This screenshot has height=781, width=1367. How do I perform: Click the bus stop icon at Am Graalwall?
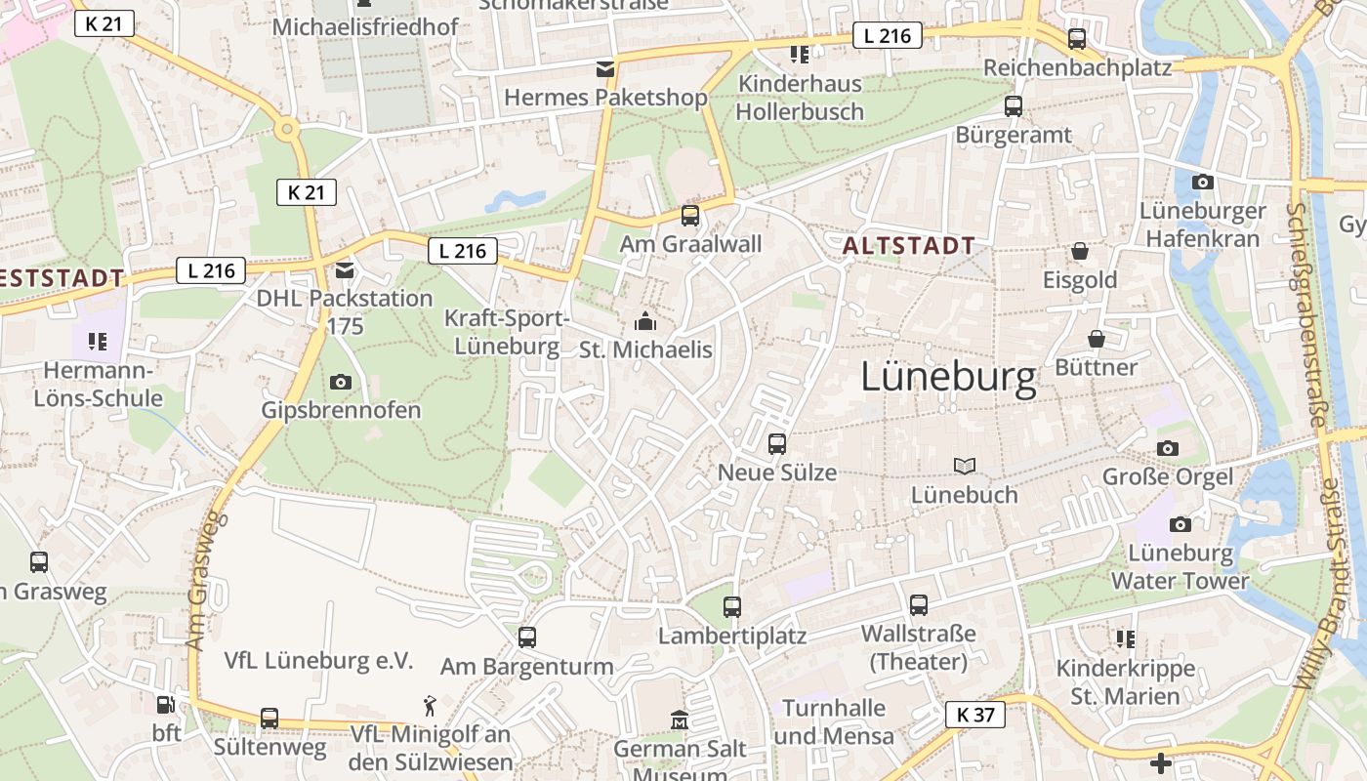coord(690,215)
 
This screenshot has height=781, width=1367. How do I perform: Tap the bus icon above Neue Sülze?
coord(777,444)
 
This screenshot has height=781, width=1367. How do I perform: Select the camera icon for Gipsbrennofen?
coord(341,382)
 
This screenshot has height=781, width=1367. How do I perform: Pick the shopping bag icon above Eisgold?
coord(1080,252)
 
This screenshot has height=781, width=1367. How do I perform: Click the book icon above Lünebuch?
coord(965,467)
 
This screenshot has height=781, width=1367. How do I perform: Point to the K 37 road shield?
coord(975,715)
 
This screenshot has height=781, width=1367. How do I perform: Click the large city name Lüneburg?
coord(948,378)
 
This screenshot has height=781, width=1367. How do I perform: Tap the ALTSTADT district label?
coord(908,246)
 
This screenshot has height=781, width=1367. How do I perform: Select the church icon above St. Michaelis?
coord(645,321)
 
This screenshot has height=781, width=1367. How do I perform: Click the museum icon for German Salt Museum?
coord(680,721)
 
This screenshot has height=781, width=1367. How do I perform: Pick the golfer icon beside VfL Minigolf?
coord(430,705)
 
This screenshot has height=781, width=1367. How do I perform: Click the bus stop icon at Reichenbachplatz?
coord(1077,39)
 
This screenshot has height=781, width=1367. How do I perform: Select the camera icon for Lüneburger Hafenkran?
coord(1203,182)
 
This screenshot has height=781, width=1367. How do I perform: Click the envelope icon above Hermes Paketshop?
coord(605,68)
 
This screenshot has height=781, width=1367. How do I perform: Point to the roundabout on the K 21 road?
coord(287,128)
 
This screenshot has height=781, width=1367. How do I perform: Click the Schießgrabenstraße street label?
coord(1307,314)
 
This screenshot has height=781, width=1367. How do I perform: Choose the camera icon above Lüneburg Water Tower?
coord(1181,524)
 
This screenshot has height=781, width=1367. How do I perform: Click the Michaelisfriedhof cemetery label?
coord(365,26)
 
